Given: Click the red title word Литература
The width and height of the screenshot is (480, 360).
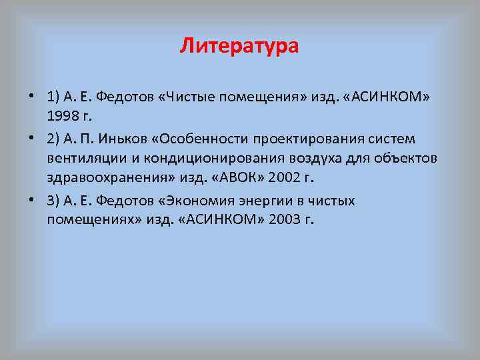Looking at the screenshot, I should click(239, 47).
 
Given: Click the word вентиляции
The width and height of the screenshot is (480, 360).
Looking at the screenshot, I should click(83, 159).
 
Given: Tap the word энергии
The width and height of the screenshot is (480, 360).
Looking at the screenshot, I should click(278, 201).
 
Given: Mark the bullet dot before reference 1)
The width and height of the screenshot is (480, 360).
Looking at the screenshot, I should click(33, 97).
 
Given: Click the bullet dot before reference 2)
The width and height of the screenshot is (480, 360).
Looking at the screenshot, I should click(33, 139).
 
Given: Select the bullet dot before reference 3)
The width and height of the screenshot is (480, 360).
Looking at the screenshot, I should click(33, 201).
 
